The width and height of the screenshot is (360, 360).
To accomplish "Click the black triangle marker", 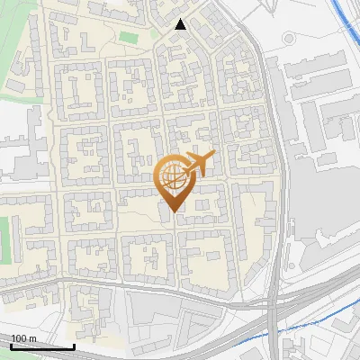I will (x=181, y=24).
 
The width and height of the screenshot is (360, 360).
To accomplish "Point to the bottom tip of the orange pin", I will (x=172, y=212).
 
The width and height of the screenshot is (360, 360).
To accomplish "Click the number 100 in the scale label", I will (x=19, y=338).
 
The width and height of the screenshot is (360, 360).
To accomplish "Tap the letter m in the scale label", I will (x=32, y=338).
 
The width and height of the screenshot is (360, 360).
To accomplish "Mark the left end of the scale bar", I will (x=11, y=346).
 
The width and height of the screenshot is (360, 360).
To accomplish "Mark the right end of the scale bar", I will (x=74, y=346).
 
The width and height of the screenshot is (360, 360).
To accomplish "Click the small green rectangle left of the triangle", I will (x=129, y=38).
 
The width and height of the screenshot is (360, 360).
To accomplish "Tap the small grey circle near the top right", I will (x=290, y=40).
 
